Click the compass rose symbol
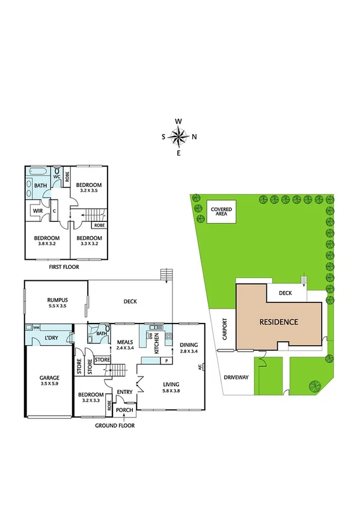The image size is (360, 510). click(x=179, y=137)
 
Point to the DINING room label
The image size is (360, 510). click(x=188, y=345)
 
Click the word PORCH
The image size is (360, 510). click(x=124, y=411)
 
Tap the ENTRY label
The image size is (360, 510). click(x=125, y=392)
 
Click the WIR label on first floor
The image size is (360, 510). click(x=37, y=210)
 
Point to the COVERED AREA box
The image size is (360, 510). click(x=221, y=213)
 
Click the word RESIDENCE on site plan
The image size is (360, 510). click(x=278, y=322)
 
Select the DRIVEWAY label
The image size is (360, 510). click(x=236, y=378)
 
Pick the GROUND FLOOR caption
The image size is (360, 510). click(x=115, y=425)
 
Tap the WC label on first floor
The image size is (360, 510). click(x=56, y=177)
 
